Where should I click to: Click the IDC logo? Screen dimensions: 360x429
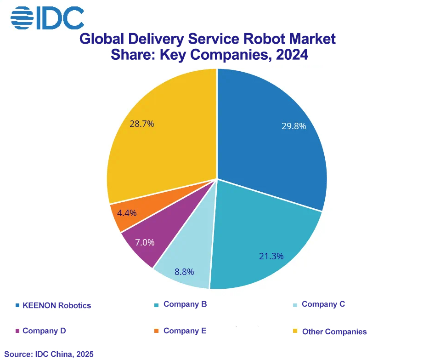[x=47, y=17]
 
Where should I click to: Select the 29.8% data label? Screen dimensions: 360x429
[x=294, y=126]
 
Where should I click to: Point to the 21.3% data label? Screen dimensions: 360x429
[x=271, y=256]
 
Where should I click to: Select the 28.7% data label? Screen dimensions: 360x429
[x=141, y=124]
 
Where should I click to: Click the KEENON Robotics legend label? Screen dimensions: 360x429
[x=57, y=305]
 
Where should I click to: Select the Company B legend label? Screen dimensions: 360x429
[x=185, y=304]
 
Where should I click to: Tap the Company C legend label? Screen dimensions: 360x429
[x=323, y=304]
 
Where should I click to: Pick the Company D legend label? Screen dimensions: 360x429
[x=44, y=331]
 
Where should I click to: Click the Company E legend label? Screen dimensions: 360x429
[x=185, y=331]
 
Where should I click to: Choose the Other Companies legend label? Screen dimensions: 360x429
[x=334, y=331]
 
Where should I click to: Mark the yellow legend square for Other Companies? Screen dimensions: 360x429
[x=295, y=331]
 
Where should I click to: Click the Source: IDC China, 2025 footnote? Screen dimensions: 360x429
[x=49, y=354]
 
